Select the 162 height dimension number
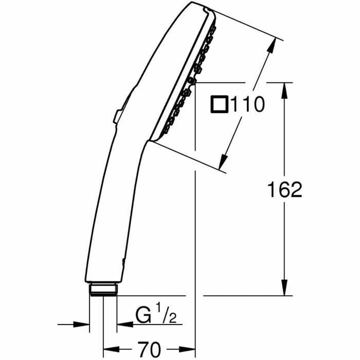(x=284, y=190)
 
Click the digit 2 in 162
(x=295, y=190)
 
